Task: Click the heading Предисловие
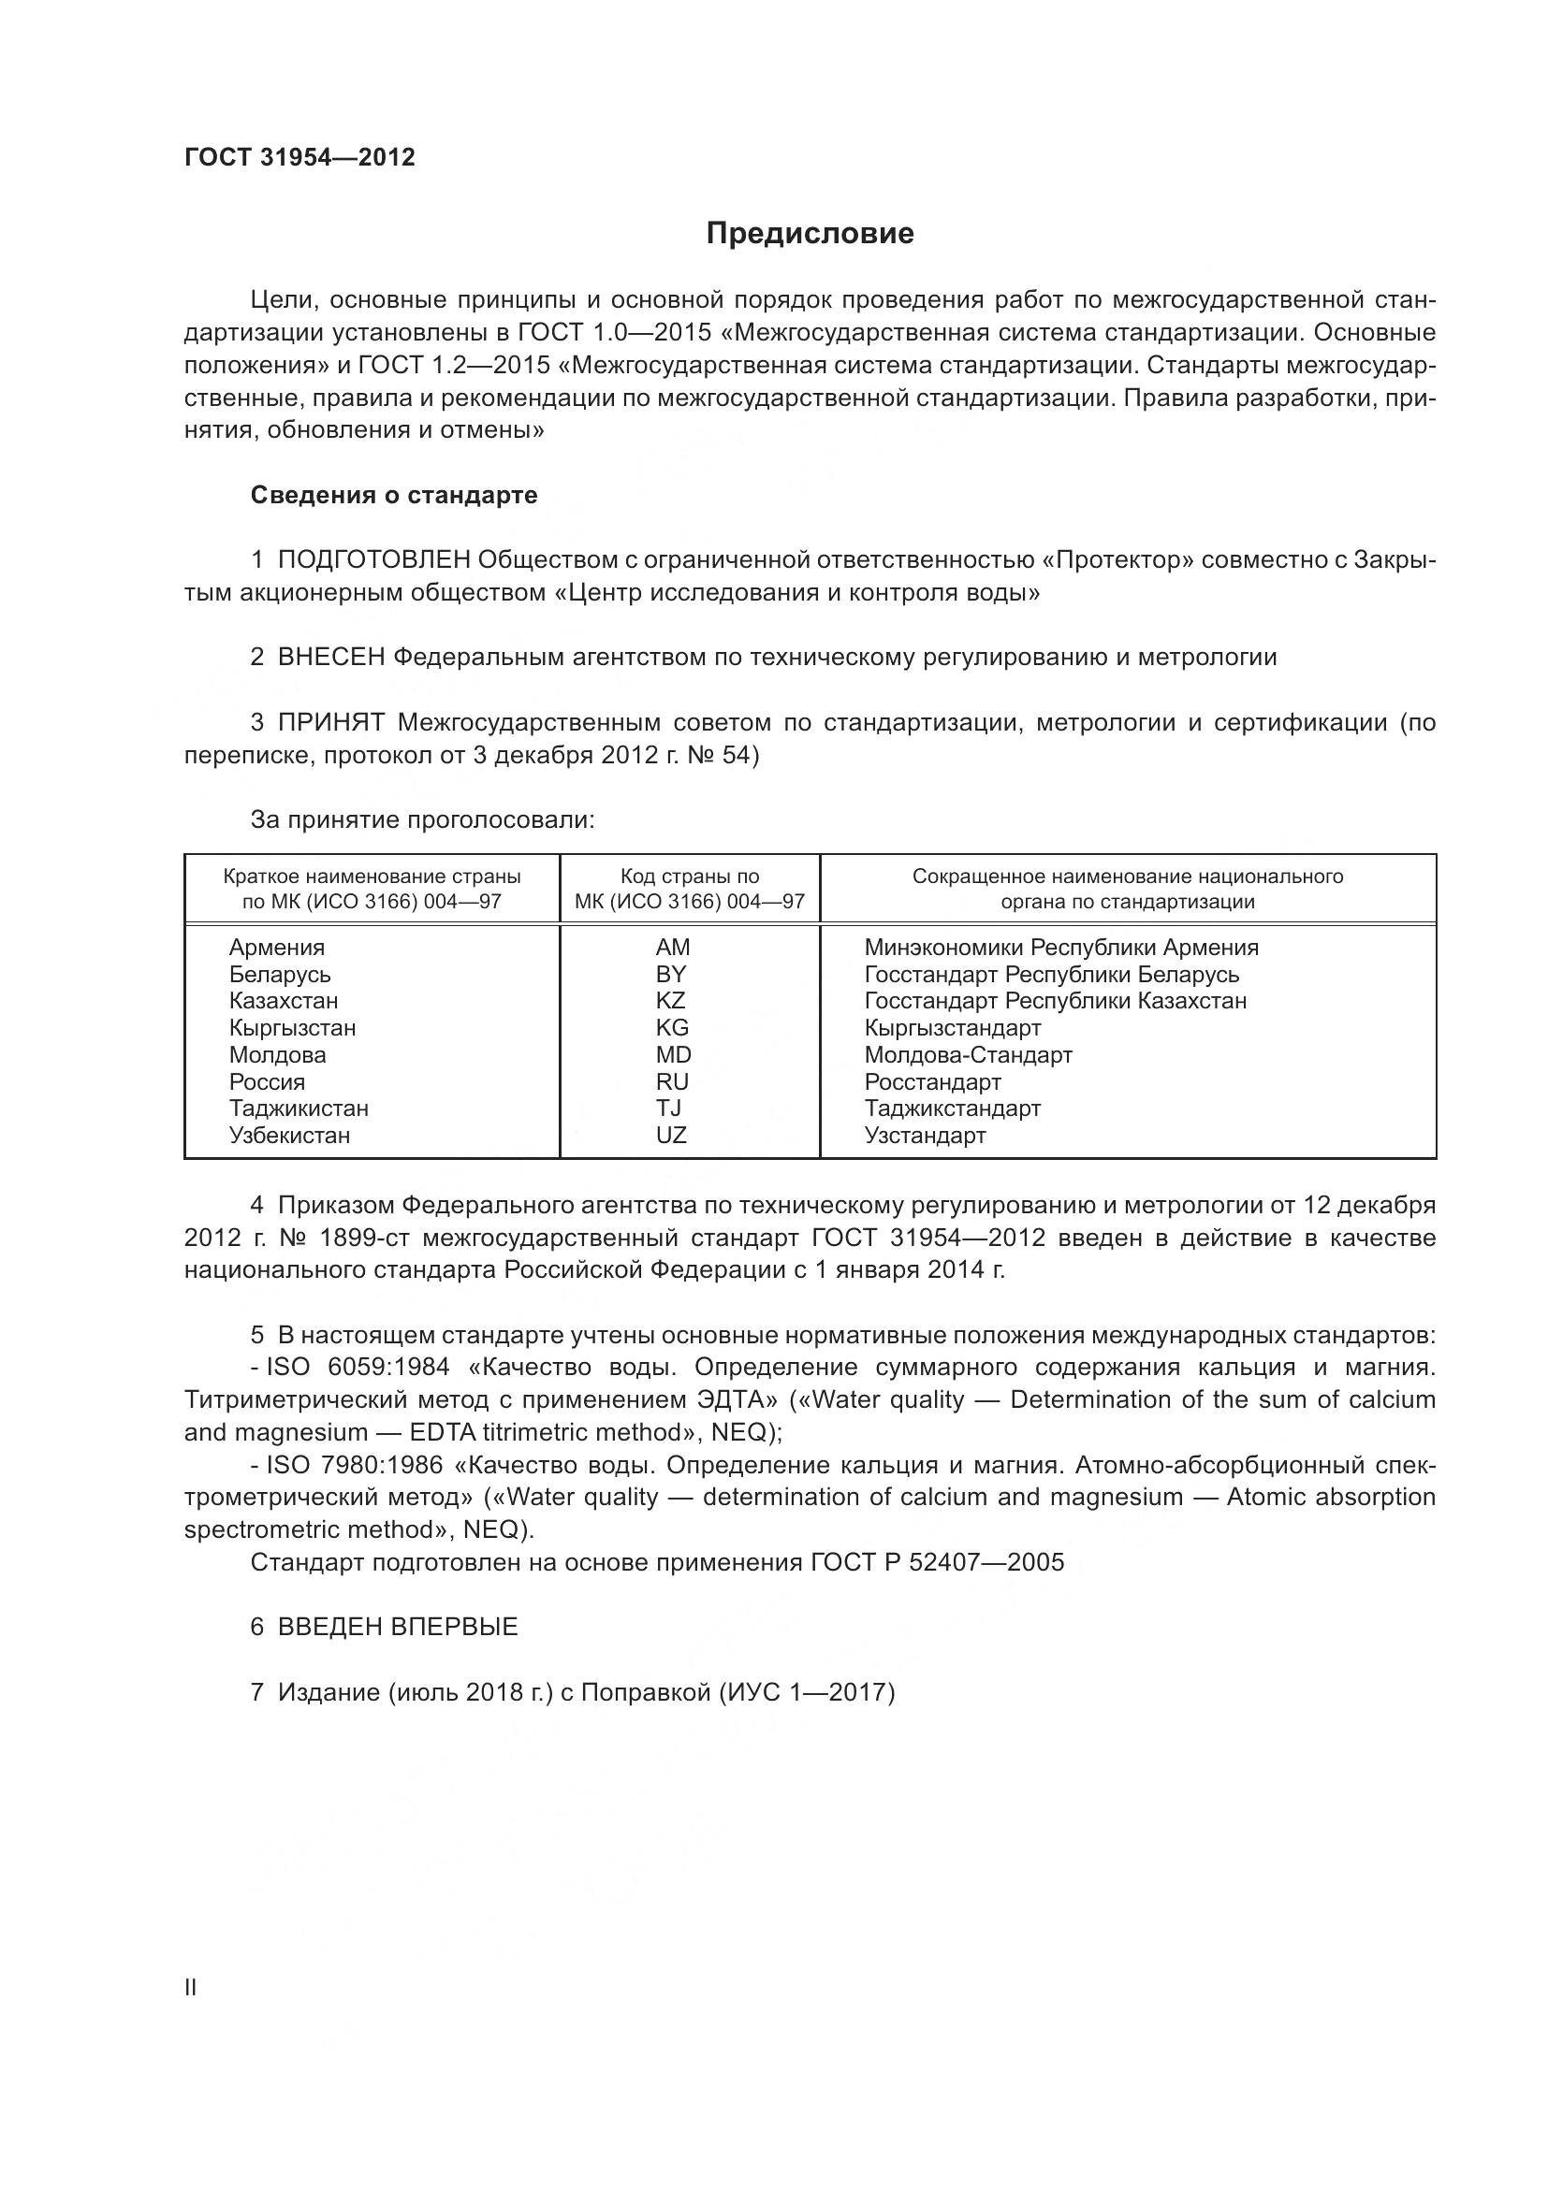pyautogui.click(x=810, y=234)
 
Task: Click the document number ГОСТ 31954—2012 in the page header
pyautogui.click(x=299, y=158)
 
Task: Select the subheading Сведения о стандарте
pyautogui.click(x=394, y=496)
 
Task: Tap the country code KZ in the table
pyautogui.click(x=671, y=1001)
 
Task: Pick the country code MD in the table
pyautogui.click(x=673, y=1055)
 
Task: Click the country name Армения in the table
pyautogui.click(x=276, y=948)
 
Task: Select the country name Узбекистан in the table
pyautogui.click(x=289, y=1135)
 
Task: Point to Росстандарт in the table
pyautogui.click(x=932, y=1081)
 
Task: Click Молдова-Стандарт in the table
pyautogui.click(x=968, y=1055)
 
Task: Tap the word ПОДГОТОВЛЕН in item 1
pyautogui.click(x=373, y=560)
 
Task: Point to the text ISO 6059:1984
pyautogui.click(x=358, y=1368)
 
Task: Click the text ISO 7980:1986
pyautogui.click(x=358, y=1465)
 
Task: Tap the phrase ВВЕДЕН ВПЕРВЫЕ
pyautogui.click(x=398, y=1627)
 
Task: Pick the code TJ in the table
pyautogui.click(x=669, y=1108)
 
